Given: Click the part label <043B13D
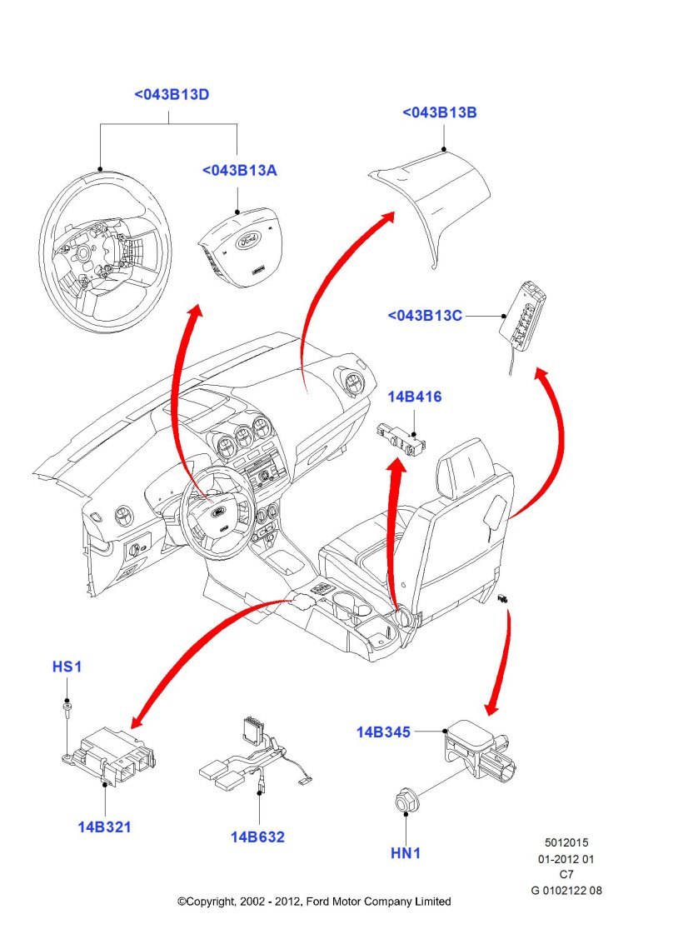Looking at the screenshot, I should (x=172, y=95).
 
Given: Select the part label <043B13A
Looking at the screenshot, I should (x=239, y=171).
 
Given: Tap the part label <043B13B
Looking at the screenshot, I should (x=440, y=112).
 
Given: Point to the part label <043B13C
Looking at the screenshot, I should (x=425, y=316).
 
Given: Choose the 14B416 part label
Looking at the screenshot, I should (x=414, y=397).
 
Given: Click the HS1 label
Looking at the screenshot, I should (x=67, y=667).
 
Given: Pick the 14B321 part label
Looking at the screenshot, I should (x=105, y=827).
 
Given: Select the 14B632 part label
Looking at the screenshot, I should (x=257, y=837).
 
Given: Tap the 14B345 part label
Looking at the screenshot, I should (x=384, y=732).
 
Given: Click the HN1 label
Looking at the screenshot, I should (x=406, y=854).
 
